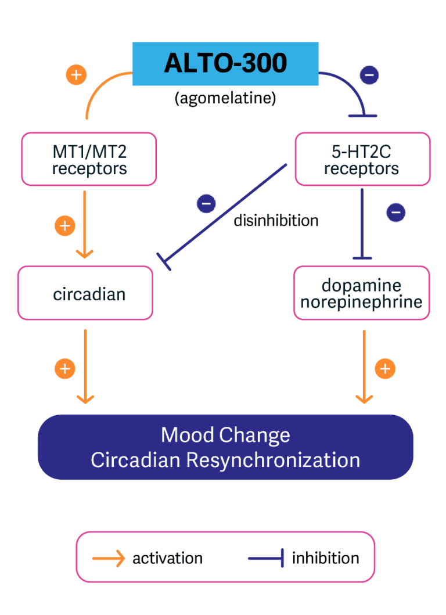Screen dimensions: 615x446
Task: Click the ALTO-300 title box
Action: click(x=225, y=63)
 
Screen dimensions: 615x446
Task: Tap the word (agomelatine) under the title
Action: click(x=225, y=98)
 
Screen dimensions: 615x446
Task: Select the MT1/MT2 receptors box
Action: click(x=89, y=160)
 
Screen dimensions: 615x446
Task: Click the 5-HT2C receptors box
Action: click(x=362, y=160)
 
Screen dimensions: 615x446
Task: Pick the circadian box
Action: click(x=86, y=294)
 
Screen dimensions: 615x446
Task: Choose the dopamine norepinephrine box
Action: click(x=361, y=294)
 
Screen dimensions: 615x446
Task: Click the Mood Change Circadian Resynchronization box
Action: click(x=225, y=447)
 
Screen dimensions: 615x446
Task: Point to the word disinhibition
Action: click(x=276, y=221)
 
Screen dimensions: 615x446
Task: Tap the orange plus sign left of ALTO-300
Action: click(x=76, y=75)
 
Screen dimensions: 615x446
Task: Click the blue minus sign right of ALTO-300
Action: click(x=370, y=75)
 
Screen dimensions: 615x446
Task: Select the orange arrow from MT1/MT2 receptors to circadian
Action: click(x=85, y=224)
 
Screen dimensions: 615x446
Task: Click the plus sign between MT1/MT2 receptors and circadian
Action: click(x=64, y=225)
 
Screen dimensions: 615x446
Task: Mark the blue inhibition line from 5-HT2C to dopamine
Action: click(x=362, y=224)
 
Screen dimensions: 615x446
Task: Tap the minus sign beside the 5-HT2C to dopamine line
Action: click(x=395, y=213)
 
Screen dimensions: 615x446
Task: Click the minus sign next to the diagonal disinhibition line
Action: click(x=206, y=203)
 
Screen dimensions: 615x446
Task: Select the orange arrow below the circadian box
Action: click(x=85, y=366)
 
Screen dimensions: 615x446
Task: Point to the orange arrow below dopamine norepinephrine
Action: click(x=364, y=366)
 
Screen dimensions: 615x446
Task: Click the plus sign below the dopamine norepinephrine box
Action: click(x=385, y=368)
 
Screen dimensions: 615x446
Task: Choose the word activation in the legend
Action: click(x=167, y=559)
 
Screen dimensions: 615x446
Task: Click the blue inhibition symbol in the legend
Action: click(x=267, y=559)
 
